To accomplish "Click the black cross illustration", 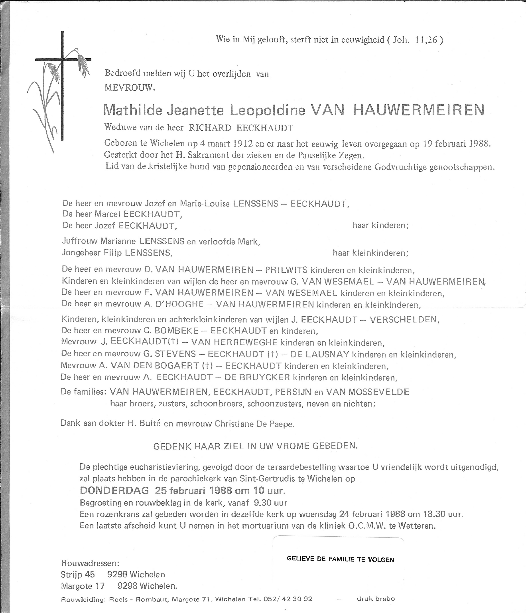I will tap(62, 86).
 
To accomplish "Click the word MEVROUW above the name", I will tap(129, 87).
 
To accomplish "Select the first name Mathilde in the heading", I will tap(133, 110).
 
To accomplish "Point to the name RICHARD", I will tap(210, 128).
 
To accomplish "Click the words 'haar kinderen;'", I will tap(380, 225).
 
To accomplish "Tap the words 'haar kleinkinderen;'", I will tap(370, 253).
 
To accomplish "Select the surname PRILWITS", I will tap(286, 270).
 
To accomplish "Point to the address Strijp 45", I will tap(77, 575).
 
